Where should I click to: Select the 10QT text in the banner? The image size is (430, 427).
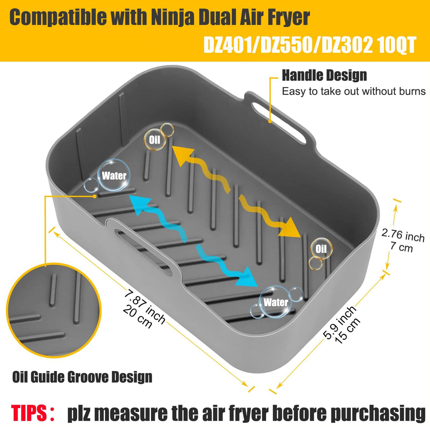396,45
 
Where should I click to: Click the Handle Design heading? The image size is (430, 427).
324,76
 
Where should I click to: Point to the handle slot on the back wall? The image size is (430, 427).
279,123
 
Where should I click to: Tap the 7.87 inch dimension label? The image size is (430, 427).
144,308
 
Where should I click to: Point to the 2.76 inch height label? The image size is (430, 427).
402,241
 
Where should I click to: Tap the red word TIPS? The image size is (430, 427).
29,407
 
